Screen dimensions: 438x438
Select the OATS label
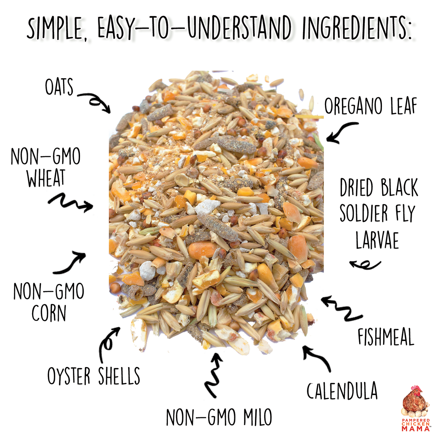click(59, 87)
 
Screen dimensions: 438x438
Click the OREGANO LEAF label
click(371, 106)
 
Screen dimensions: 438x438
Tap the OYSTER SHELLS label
click(94, 376)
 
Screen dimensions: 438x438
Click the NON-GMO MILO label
click(219, 417)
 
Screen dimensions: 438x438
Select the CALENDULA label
click(342, 391)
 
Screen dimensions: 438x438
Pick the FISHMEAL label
click(386, 337)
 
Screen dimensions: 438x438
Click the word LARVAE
click(377, 240)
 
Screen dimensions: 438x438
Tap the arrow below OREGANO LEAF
click(341, 133)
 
